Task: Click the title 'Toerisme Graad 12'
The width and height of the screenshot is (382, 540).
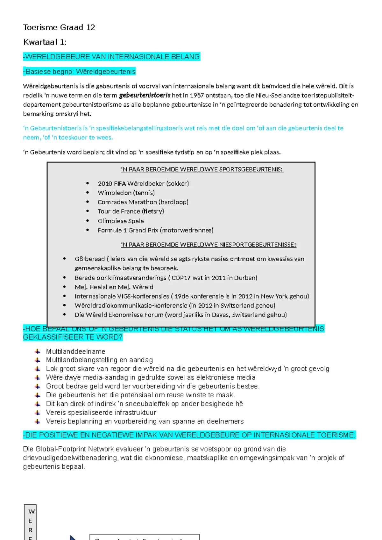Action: (59, 27)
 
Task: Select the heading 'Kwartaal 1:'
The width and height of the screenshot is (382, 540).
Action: (45, 42)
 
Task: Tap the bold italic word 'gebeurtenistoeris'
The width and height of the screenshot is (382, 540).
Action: (145, 95)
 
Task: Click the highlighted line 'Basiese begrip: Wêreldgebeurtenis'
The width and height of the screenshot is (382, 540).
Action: (80, 71)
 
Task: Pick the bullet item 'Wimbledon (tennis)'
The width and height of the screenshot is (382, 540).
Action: (126, 193)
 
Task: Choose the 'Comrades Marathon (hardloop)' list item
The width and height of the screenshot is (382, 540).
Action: (143, 202)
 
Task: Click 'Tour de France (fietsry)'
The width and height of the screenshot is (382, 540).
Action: (131, 211)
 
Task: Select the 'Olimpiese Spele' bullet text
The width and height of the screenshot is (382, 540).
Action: (121, 221)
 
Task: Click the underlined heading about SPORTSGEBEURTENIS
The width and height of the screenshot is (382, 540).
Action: (202, 169)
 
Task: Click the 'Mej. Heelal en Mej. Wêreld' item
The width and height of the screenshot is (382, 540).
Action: (114, 287)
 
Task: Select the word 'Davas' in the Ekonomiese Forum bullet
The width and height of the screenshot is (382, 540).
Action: (221, 315)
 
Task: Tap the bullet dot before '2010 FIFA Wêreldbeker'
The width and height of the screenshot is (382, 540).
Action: (88, 183)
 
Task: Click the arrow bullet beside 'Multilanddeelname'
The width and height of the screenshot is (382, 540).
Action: (38, 351)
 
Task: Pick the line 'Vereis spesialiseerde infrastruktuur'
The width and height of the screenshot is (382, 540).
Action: (101, 412)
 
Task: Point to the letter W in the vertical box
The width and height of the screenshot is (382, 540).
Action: (31, 511)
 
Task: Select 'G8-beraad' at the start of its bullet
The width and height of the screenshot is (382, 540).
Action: (89, 259)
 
